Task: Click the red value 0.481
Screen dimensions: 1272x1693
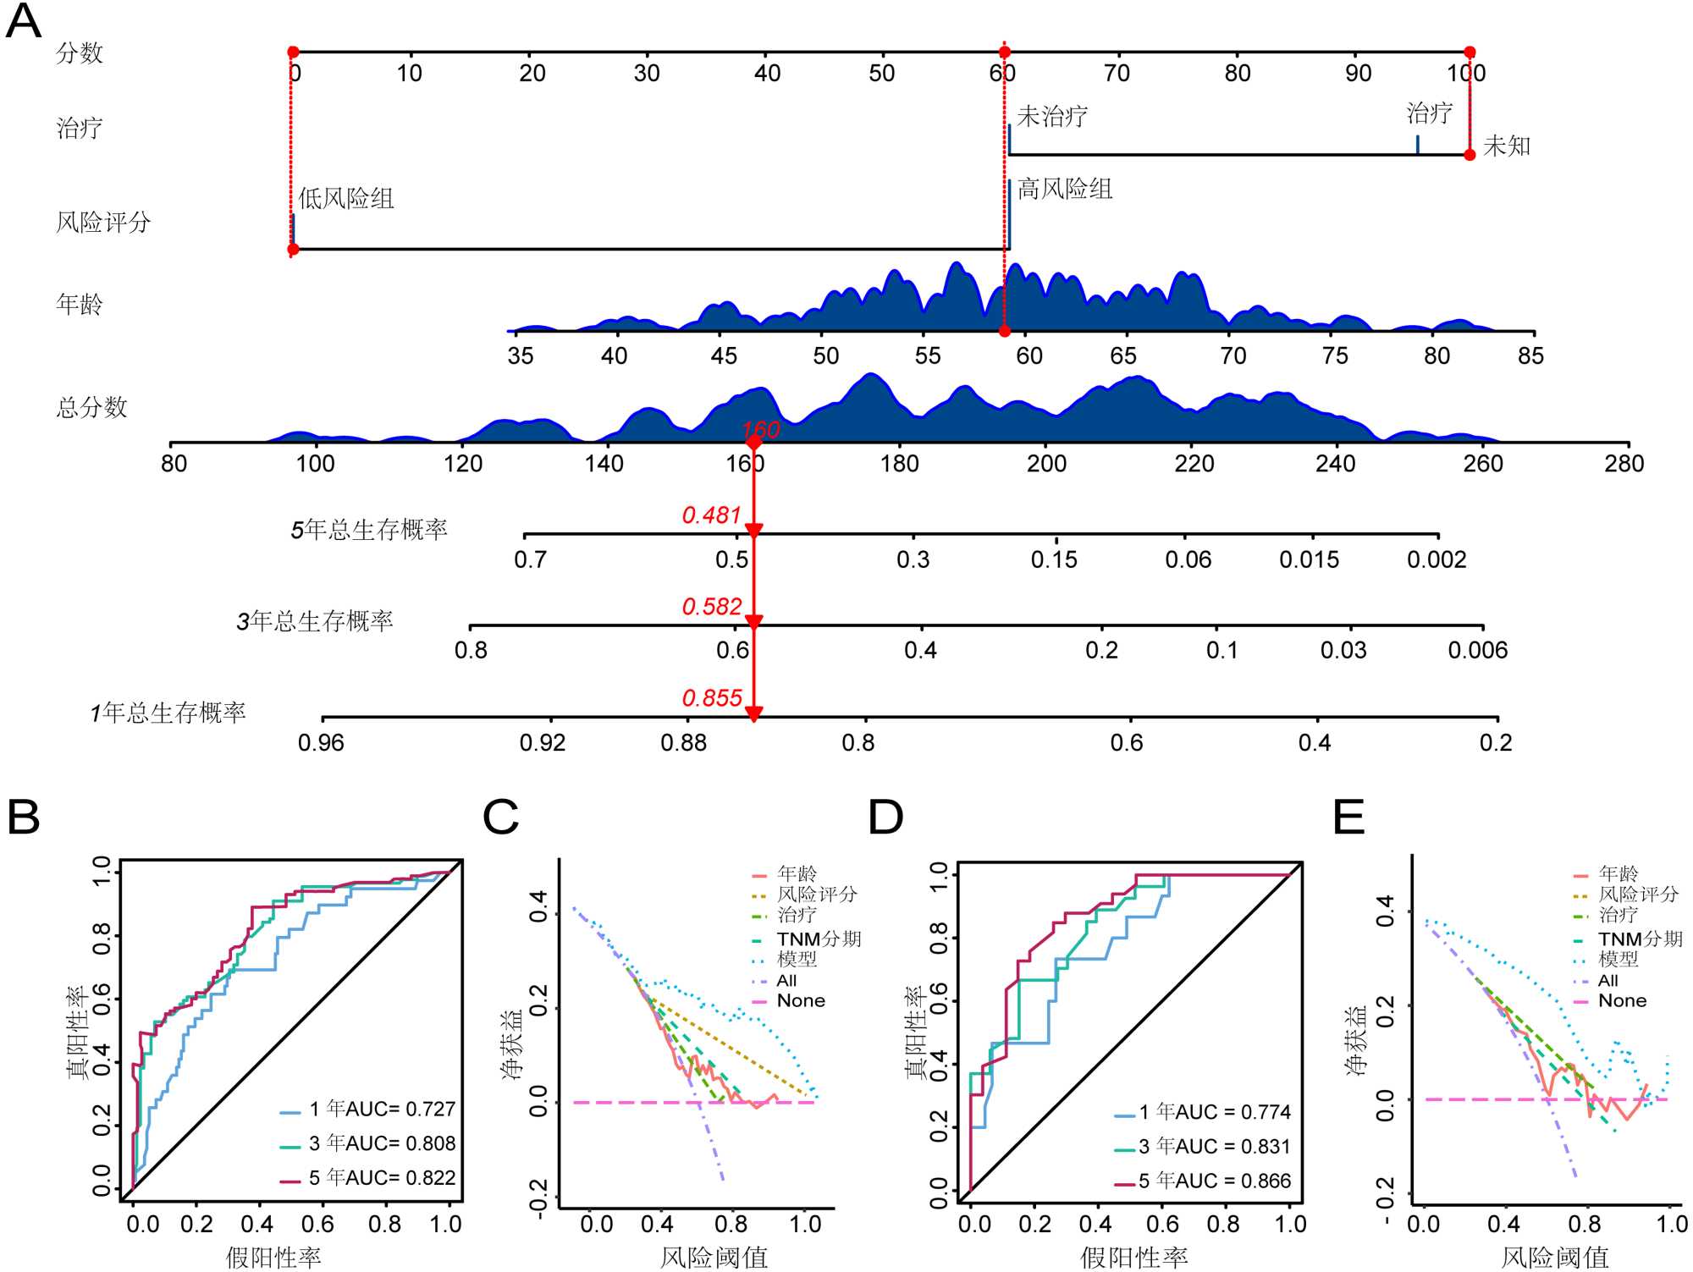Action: pyautogui.click(x=711, y=515)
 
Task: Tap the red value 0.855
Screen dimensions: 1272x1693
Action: pyautogui.click(x=711, y=698)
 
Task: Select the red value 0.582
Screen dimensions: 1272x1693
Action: pyautogui.click(x=711, y=607)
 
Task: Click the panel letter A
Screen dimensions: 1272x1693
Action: pyautogui.click(x=24, y=22)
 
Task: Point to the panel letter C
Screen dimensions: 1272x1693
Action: pyautogui.click(x=500, y=818)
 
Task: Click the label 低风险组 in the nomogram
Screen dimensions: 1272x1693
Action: pyautogui.click(x=346, y=199)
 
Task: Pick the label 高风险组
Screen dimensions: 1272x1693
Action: pyautogui.click(x=1064, y=189)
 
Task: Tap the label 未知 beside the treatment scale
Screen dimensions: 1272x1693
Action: pyautogui.click(x=1507, y=146)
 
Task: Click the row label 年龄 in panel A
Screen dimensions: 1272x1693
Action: pyautogui.click(x=79, y=304)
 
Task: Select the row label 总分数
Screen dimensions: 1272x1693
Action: pyautogui.click(x=91, y=407)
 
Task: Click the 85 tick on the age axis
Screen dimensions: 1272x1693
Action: pyautogui.click(x=1530, y=355)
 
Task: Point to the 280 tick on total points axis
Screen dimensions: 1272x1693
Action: pyautogui.click(x=1624, y=464)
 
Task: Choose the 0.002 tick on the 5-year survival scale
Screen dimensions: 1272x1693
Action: pyautogui.click(x=1437, y=559)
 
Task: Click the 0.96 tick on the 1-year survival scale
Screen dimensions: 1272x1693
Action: pyautogui.click(x=321, y=743)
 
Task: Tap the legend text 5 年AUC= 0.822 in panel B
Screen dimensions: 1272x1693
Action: pyautogui.click(x=382, y=1177)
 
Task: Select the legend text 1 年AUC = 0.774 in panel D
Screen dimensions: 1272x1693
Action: pyautogui.click(x=1215, y=1112)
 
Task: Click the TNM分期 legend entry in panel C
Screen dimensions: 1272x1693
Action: pyautogui.click(x=819, y=939)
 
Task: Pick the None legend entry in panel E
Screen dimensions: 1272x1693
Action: pyautogui.click(x=1622, y=1000)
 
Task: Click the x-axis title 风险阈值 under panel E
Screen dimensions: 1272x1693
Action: pyautogui.click(x=1554, y=1257)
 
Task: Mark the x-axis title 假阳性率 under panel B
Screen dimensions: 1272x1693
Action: pyautogui.click(x=273, y=1257)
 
